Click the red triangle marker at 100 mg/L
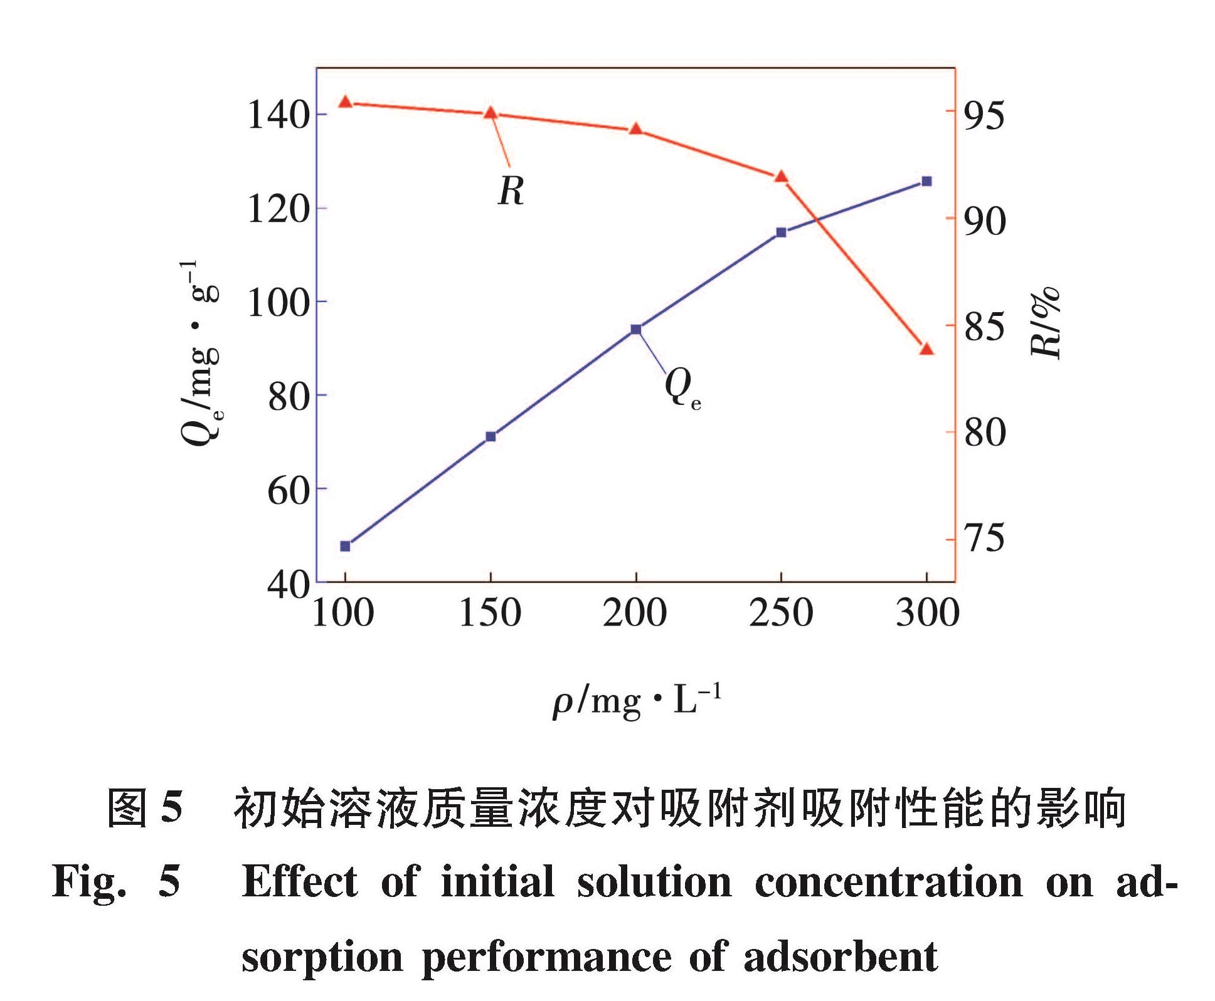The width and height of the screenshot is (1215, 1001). click(x=345, y=102)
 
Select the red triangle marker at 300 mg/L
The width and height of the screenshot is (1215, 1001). click(x=926, y=349)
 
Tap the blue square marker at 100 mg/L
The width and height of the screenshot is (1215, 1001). click(x=345, y=546)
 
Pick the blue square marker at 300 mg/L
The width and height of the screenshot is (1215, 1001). click(x=926, y=181)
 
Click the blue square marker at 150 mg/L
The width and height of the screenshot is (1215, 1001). click(x=491, y=436)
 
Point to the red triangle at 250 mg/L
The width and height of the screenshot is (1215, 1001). click(x=781, y=177)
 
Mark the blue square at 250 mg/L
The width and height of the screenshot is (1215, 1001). click(x=781, y=233)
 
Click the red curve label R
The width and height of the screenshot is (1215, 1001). click(x=511, y=191)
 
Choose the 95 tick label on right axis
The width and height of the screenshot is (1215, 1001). click(x=984, y=115)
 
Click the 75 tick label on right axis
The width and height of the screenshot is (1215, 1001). click(x=984, y=538)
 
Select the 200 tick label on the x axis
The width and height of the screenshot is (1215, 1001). click(x=635, y=613)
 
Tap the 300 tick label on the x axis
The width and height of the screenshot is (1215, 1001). click(x=927, y=613)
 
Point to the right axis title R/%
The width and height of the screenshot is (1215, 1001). click(x=1046, y=323)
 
